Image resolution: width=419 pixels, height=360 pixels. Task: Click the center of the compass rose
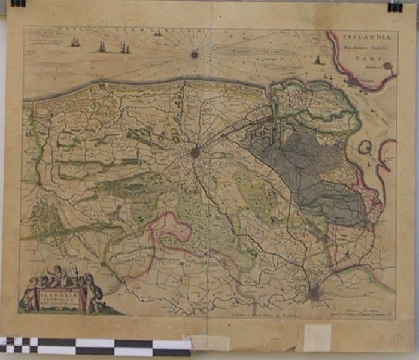click(x=194, y=54)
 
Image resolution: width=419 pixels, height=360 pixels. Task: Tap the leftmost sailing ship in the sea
click(x=75, y=41)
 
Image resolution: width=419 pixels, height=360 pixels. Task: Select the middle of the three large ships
click(x=102, y=46)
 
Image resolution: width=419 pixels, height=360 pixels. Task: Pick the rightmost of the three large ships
click(x=125, y=47)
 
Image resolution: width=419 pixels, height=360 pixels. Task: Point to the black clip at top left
click(x=18, y=3)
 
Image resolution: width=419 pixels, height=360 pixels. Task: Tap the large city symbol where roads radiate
click(x=195, y=153)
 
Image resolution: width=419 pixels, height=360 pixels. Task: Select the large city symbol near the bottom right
click(x=315, y=292)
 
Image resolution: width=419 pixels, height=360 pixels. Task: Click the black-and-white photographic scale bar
click(x=96, y=346)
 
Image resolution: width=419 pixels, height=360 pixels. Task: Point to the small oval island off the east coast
click(x=366, y=147)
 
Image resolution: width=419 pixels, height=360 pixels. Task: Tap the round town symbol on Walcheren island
click(x=388, y=66)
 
